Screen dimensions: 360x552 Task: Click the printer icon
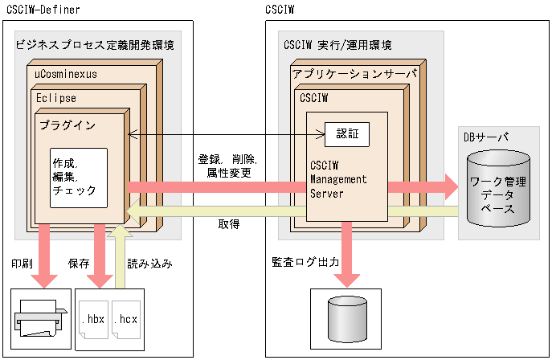36,319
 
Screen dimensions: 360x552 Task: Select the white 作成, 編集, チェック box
78,177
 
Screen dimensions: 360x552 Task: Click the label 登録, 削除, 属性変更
224,166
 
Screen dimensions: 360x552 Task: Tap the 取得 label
228,224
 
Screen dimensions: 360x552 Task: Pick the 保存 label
78,263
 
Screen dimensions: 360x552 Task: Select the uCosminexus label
66,73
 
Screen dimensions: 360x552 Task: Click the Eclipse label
56,97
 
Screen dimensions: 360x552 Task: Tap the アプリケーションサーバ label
354,73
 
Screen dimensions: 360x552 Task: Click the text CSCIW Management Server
338,178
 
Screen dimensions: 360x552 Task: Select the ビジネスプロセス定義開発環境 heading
95,45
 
